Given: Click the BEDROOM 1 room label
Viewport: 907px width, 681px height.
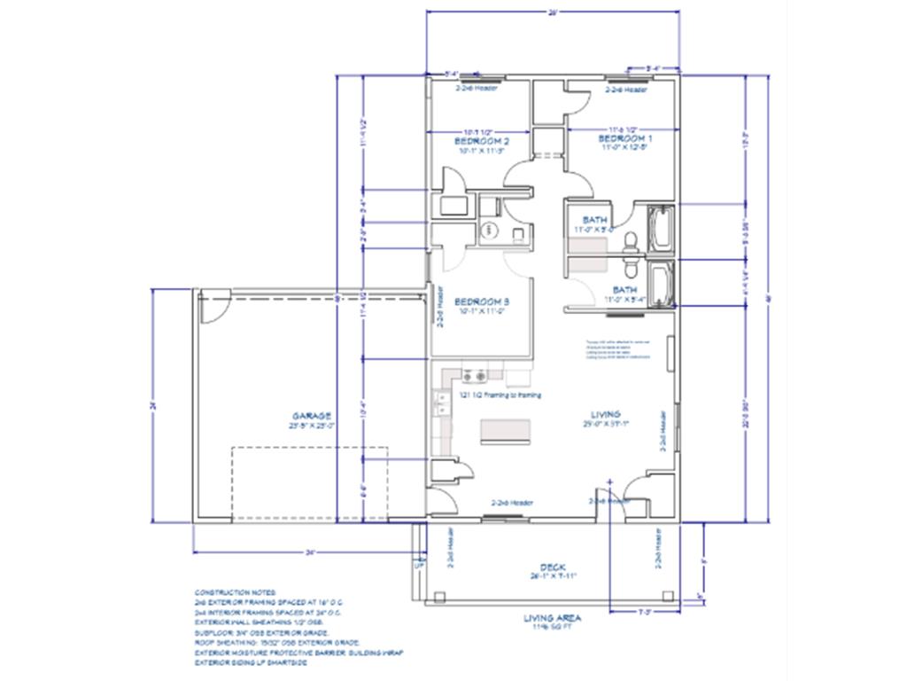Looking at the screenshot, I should click(625, 139).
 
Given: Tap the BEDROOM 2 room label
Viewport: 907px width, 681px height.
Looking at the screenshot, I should click(481, 141).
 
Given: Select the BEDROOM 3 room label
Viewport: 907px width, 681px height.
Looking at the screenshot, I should click(481, 301).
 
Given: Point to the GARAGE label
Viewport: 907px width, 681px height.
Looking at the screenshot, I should click(312, 415).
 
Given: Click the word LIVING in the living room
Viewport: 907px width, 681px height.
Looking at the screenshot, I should click(606, 414).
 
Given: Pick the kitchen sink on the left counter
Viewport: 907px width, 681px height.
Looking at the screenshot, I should click(439, 405).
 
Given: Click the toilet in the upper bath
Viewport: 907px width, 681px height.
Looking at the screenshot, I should click(630, 239).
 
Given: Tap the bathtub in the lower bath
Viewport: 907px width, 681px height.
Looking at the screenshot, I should click(660, 284).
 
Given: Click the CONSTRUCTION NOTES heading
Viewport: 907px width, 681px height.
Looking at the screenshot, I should click(235, 591).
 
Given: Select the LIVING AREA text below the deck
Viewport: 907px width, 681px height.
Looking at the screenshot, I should click(551, 618).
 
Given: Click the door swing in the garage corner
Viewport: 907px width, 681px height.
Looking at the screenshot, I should click(213, 309).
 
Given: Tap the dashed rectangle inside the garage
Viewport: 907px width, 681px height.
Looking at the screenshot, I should click(309, 483).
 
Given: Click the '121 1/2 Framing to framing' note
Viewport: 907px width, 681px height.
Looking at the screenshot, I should click(500, 395).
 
